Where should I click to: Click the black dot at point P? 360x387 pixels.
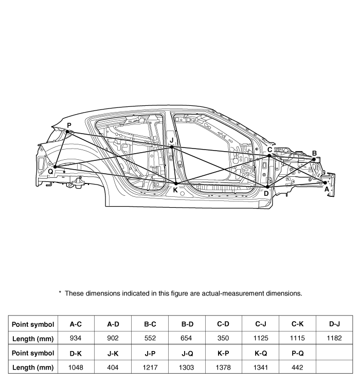67,132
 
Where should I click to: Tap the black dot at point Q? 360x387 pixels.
56,167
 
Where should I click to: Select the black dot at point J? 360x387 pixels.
172,147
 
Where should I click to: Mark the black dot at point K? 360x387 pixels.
176,183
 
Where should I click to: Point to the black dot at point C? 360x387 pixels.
269,156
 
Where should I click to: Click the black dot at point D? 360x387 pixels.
267,187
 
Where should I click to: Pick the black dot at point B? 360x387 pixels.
314,159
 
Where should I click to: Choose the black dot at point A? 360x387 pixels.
325,182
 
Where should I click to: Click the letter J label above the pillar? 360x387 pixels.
172,140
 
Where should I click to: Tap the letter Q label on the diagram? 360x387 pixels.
50,172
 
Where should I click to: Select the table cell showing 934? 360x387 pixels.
76,338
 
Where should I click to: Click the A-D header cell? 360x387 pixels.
113,324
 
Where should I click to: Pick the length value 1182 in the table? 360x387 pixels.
334,338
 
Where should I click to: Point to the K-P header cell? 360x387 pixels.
223,353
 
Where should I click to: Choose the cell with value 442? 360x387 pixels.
297,367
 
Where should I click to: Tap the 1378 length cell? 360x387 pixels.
223,367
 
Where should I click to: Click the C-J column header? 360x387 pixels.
261,324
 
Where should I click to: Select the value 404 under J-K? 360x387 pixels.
113,367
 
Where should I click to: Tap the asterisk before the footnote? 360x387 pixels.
60,292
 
